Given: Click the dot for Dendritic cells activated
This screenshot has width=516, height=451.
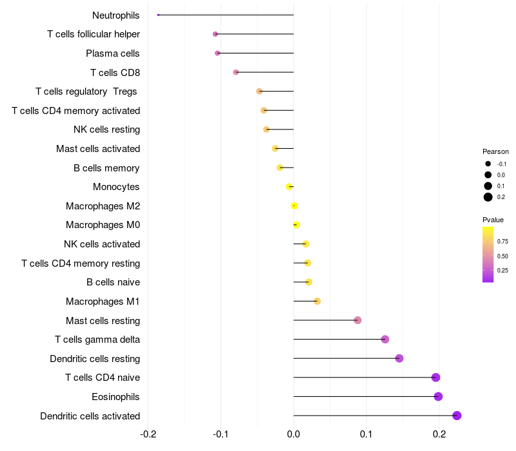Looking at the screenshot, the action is pyautogui.click(x=457, y=416).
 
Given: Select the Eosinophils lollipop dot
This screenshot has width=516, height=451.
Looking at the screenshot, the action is pyautogui.click(x=438, y=396).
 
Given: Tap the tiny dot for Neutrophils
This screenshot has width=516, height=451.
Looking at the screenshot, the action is pyautogui.click(x=158, y=15).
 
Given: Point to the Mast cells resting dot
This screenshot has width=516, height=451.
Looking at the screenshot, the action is pyautogui.click(x=358, y=320).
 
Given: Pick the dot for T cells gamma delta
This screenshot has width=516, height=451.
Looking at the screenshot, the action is pyautogui.click(x=385, y=340).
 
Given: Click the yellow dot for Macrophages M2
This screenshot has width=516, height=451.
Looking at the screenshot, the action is pyautogui.click(x=295, y=206).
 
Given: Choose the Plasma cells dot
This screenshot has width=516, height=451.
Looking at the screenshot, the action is pyautogui.click(x=217, y=53).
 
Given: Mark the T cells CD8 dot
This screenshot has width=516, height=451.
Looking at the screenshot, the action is pyautogui.click(x=236, y=72).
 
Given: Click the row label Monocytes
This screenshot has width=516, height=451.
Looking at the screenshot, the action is pyautogui.click(x=116, y=187).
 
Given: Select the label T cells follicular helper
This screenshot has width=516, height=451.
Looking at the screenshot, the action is pyautogui.click(x=94, y=34).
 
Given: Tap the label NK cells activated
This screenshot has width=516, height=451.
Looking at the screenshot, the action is pyautogui.click(x=102, y=244).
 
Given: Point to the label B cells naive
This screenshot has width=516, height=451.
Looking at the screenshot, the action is pyautogui.click(x=114, y=282).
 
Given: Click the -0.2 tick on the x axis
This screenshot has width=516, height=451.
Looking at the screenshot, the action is pyautogui.click(x=148, y=434).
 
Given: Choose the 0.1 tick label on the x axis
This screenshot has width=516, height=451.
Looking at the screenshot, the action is pyautogui.click(x=366, y=434).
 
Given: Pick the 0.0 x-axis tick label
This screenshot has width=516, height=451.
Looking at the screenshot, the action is pyautogui.click(x=293, y=434).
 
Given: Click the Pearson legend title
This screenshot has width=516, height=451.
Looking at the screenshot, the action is pyautogui.click(x=495, y=151).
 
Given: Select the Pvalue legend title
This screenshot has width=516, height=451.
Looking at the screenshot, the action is pyautogui.click(x=493, y=220).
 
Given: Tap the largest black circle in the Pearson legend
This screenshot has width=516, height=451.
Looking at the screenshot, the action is pyautogui.click(x=488, y=197).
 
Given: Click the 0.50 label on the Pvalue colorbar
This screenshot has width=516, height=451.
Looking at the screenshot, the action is pyautogui.click(x=502, y=256).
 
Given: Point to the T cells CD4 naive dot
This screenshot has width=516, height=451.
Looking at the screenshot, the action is pyautogui.click(x=436, y=378).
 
